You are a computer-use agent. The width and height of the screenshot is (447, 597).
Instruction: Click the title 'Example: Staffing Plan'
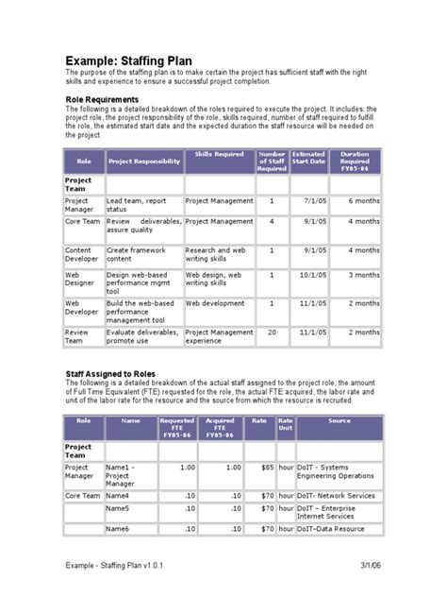pos(138,58)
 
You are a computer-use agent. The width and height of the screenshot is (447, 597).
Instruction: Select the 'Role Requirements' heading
pos(103,99)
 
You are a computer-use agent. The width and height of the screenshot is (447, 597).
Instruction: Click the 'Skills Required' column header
pos(219,153)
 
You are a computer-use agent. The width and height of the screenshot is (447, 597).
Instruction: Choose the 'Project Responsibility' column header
pos(144,162)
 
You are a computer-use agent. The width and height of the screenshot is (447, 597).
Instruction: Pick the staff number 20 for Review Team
pos(272,333)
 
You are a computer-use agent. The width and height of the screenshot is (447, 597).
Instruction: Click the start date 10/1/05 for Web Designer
pos(312,275)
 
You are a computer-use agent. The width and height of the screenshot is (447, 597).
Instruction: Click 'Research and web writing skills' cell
pos(215,254)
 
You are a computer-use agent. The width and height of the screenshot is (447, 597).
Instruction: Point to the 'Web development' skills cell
pos(215,304)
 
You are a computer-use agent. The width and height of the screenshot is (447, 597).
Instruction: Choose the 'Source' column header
pos(339,420)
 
